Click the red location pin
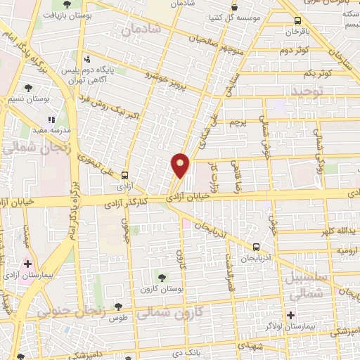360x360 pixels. pyautogui.click(x=181, y=165)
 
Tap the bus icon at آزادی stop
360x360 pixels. pyautogui.click(x=124, y=175)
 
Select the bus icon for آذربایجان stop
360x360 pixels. pyautogui.click(x=257, y=247)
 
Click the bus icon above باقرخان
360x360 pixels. pyautogui.click(x=298, y=21)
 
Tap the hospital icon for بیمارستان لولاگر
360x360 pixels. pyautogui.click(x=290, y=315)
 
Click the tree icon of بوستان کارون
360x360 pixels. pyautogui.click(x=162, y=278)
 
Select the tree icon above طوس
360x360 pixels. pyautogui.click(x=117, y=307)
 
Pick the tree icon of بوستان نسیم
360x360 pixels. pyautogui.click(x=27, y=88)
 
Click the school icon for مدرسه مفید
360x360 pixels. pyautogui.click(x=50, y=120)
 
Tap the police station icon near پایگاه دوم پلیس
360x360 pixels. pyautogui.click(x=87, y=60)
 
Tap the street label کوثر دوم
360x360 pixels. pyautogui.click(x=295, y=51)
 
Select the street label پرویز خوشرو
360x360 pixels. pyautogui.click(x=166, y=79)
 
